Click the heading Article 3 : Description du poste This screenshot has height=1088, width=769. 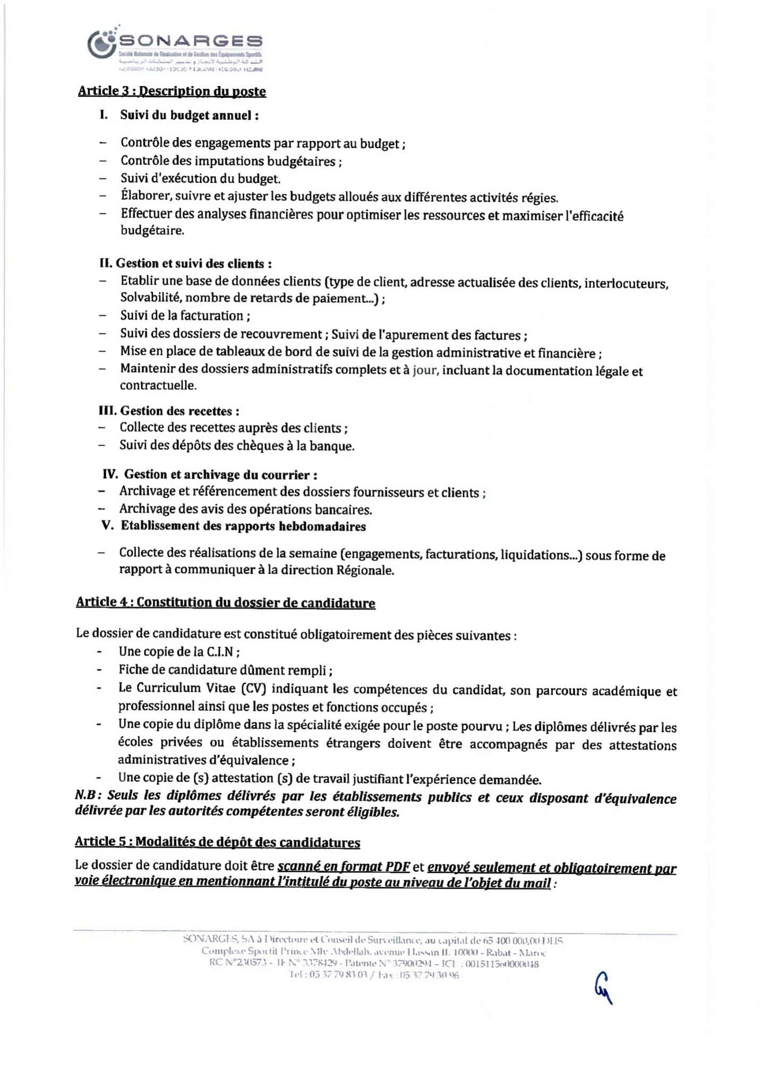point(172,91)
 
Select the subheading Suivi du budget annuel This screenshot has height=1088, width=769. point(189,115)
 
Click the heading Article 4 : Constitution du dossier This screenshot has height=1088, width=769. point(225,602)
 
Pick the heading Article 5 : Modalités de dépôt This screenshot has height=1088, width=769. point(217,843)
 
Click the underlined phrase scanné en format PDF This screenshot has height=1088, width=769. point(344,866)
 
